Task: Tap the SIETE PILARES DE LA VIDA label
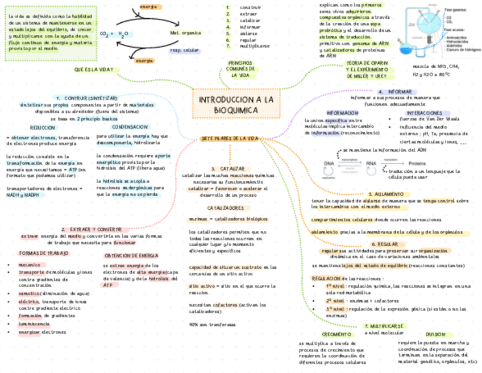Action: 230,138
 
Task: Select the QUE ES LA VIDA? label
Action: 97,69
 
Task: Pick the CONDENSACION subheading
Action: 130,127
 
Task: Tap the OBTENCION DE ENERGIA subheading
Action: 131,256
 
